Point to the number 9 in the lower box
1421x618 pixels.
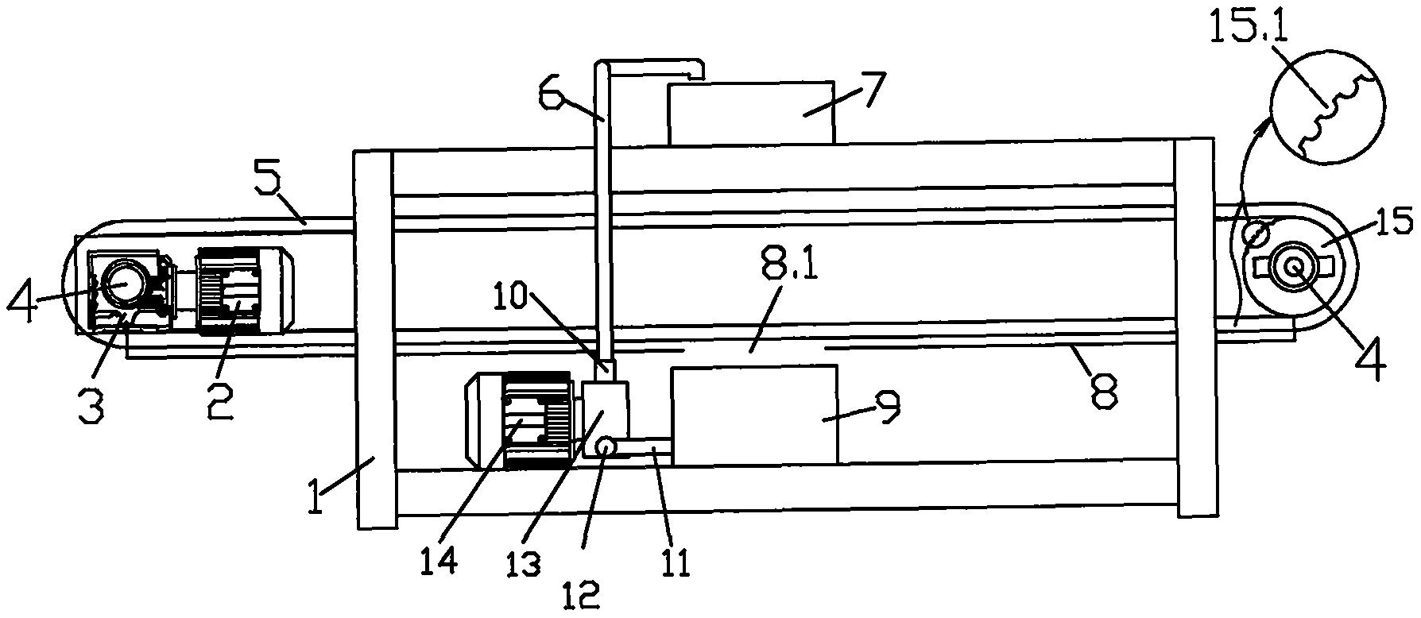point(887,405)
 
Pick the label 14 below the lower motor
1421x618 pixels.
point(439,560)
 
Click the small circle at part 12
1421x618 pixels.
point(605,450)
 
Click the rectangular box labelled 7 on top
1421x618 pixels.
point(751,113)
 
